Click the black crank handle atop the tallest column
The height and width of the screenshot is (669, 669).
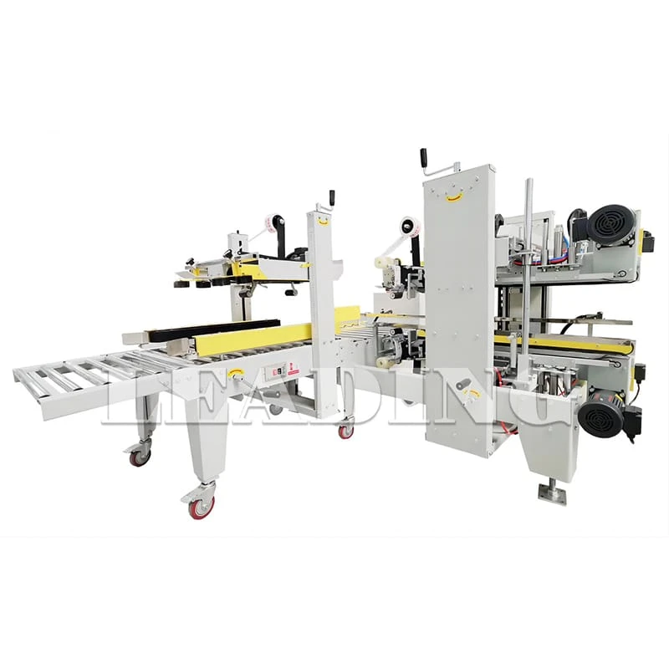[x=424, y=159]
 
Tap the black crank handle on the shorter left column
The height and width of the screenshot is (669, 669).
[x=332, y=197]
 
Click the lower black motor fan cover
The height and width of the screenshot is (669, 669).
[x=601, y=416]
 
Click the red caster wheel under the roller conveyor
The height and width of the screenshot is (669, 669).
[x=140, y=456]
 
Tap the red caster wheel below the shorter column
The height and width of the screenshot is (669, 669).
[x=345, y=431]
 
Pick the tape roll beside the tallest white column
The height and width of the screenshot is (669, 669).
[x=409, y=227]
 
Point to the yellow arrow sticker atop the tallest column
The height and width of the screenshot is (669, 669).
[x=454, y=197]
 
